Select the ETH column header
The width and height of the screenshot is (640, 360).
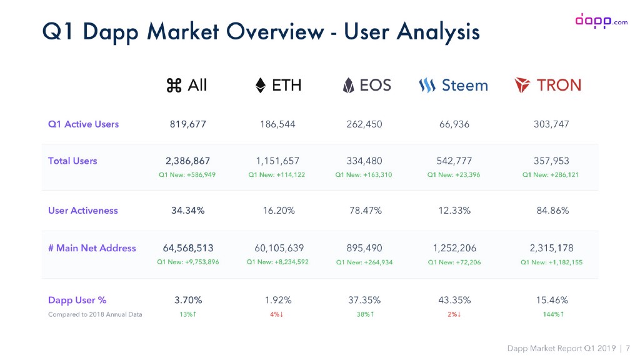279,85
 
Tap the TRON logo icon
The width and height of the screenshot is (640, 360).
522,85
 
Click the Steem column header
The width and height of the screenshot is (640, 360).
454,85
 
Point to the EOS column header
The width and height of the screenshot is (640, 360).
367,85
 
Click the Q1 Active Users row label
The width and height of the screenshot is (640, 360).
83,124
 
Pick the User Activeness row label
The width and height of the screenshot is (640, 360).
82,210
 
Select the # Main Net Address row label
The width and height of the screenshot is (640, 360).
92,248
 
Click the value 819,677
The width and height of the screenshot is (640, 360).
187,124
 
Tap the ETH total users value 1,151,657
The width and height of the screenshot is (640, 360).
277,161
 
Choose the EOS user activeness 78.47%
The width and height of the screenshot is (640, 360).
366,210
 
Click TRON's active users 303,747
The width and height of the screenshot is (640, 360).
551,124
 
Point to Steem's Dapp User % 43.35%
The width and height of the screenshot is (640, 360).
454,300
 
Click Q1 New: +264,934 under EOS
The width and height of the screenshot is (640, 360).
364,262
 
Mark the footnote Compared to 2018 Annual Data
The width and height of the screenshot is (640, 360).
95,314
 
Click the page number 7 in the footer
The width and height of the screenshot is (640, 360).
627,348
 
